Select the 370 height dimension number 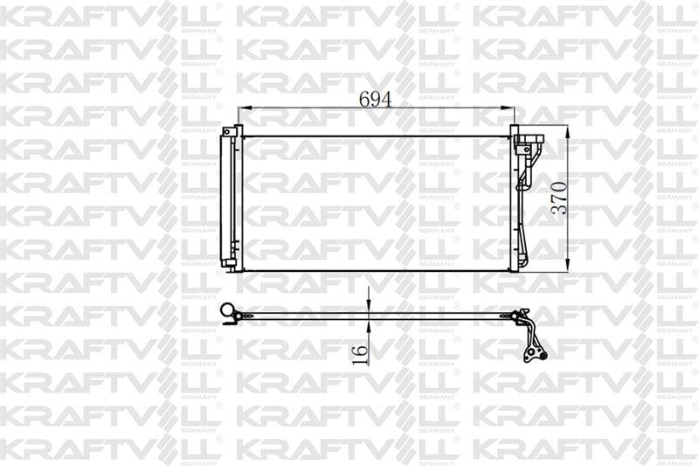[x=560, y=198]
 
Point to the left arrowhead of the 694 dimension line [x=243, y=108]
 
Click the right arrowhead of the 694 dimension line [x=510, y=108]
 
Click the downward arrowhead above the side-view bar [x=370, y=305]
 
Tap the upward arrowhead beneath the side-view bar [x=370, y=322]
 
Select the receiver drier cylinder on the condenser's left [x=230, y=198]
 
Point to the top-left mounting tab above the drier [x=231, y=130]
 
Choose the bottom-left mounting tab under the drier [x=229, y=263]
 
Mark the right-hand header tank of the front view [x=514, y=201]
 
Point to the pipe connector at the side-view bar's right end [x=522, y=316]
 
